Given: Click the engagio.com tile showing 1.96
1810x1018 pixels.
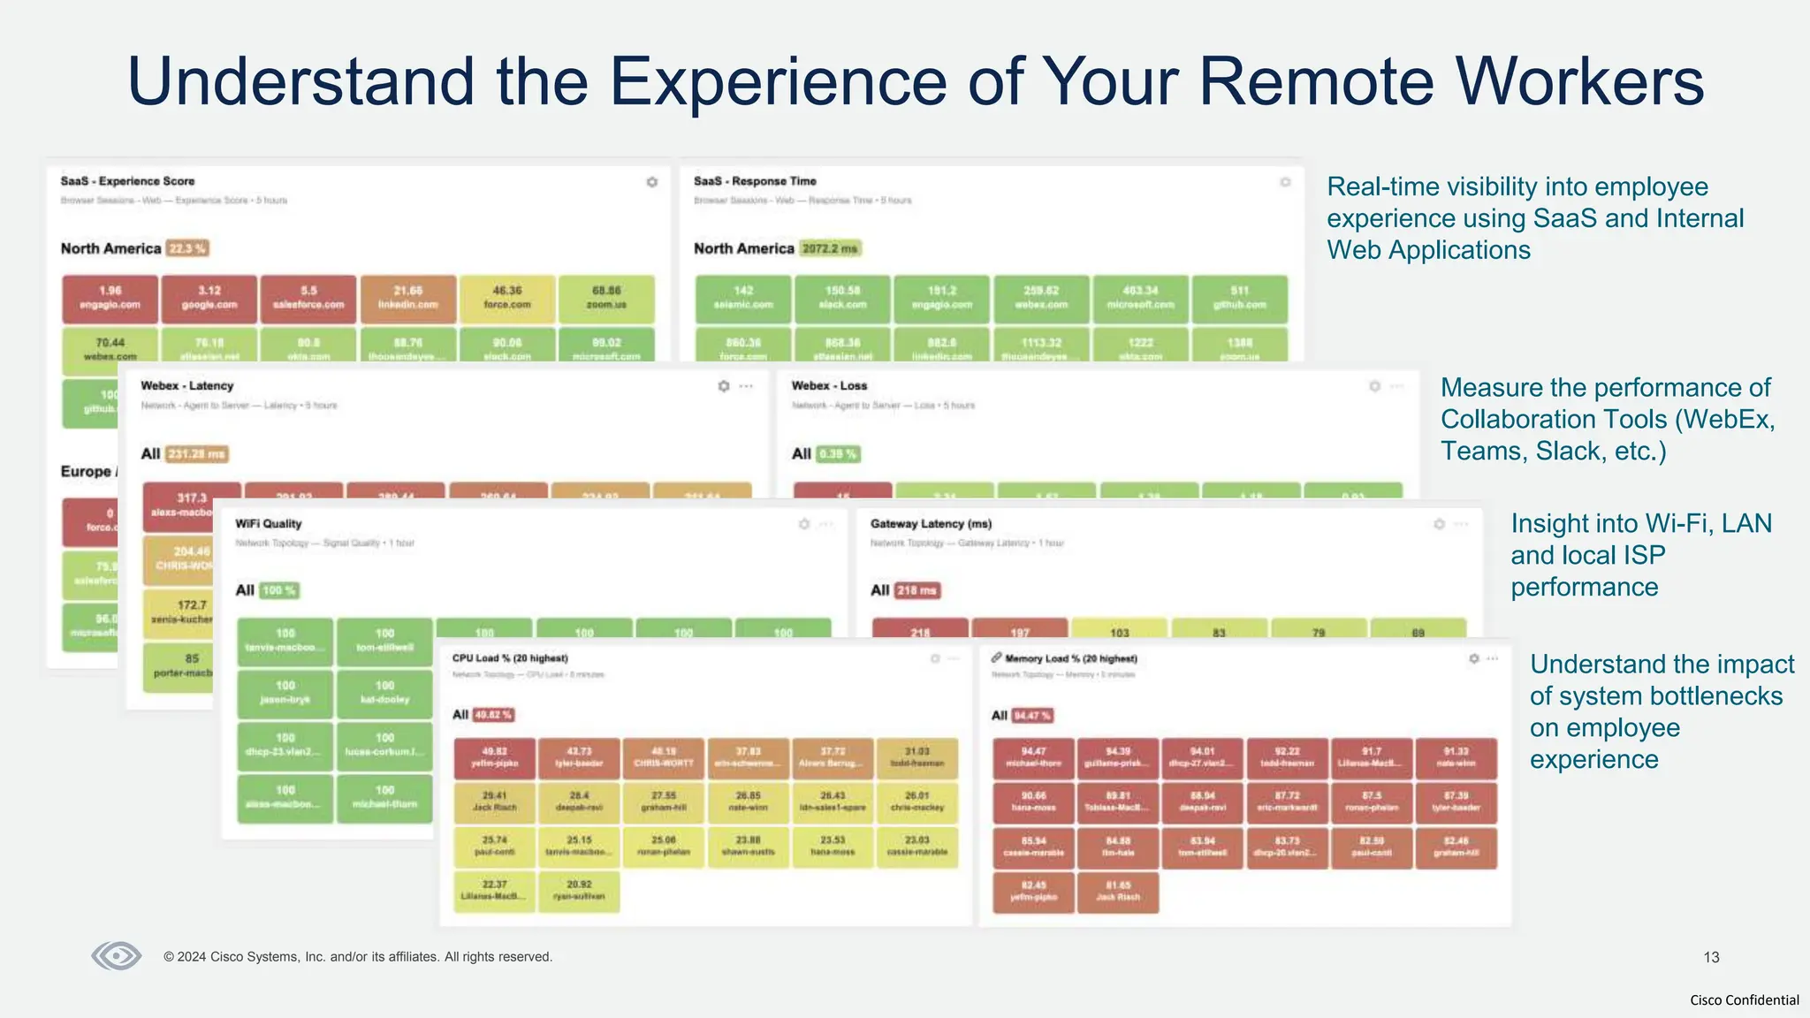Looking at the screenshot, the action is pyautogui.click(x=110, y=298).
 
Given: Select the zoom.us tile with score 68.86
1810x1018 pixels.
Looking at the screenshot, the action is pyautogui.click(x=606, y=298).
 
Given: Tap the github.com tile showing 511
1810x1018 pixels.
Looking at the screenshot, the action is pyautogui.click(x=1239, y=298).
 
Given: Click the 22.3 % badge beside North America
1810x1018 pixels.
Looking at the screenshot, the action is pyautogui.click(x=187, y=248).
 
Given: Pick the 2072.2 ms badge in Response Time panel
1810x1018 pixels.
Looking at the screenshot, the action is pyautogui.click(x=830, y=248).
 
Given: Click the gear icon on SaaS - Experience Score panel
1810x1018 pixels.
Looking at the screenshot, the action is pyautogui.click(x=652, y=182).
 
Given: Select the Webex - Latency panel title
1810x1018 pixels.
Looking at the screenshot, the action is pyautogui.click(x=187, y=386).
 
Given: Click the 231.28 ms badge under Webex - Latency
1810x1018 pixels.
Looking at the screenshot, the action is pyautogui.click(x=197, y=454).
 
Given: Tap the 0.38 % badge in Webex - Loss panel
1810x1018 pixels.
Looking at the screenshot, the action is pyautogui.click(x=838, y=454).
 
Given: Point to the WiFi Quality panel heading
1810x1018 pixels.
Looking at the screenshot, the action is pyautogui.click(x=268, y=524).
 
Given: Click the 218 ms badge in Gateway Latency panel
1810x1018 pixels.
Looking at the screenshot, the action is pyautogui.click(x=917, y=590).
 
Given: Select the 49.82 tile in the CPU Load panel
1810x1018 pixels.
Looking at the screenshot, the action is pyautogui.click(x=494, y=757).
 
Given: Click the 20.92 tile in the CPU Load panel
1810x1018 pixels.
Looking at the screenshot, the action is pyautogui.click(x=579, y=890).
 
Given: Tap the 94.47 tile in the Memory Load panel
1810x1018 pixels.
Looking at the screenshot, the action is pyautogui.click(x=1033, y=757).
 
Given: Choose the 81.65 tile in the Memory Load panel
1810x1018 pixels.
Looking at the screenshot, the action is pyautogui.click(x=1117, y=891).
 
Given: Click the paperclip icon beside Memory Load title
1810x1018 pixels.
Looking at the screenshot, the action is pyautogui.click(x=996, y=658).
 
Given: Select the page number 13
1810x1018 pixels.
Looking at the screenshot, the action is pyautogui.click(x=1711, y=957).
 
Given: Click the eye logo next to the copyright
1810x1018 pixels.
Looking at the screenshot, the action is pyautogui.click(x=117, y=956).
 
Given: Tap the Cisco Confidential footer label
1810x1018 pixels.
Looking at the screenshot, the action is pyautogui.click(x=1744, y=1000).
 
